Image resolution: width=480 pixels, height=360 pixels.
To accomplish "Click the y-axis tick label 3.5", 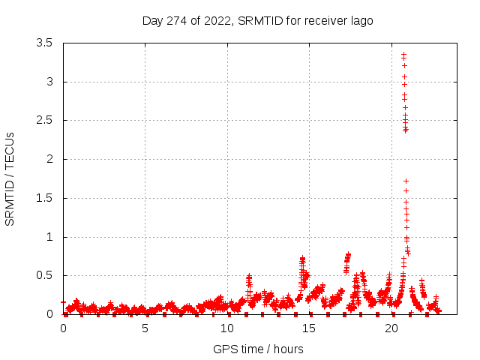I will (x=44, y=43).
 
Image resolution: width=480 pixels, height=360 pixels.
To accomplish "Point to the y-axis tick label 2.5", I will (x=44, y=120).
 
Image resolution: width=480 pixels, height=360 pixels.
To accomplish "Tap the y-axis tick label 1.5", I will (x=44, y=198).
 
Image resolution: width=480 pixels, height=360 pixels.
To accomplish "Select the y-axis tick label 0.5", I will (x=44, y=275).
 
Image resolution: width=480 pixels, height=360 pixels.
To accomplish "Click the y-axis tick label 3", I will (x=49, y=82).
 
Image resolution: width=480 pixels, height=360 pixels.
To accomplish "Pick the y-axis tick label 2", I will (x=49, y=159).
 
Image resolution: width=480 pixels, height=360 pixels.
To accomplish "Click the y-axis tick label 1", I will (x=49, y=237).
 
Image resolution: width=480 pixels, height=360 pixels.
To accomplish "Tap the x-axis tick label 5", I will (x=145, y=328).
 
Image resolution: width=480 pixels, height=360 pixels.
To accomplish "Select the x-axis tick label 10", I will (x=227, y=328).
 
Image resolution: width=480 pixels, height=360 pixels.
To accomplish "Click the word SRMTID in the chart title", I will (x=259, y=20).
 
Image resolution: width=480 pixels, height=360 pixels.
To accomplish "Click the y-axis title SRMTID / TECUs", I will (x=10, y=178).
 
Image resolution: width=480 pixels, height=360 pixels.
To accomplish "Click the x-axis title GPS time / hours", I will (x=258, y=349).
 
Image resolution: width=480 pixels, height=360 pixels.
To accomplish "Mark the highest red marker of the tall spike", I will (x=403, y=54).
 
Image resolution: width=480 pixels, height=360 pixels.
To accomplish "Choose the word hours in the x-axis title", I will (x=288, y=349).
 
